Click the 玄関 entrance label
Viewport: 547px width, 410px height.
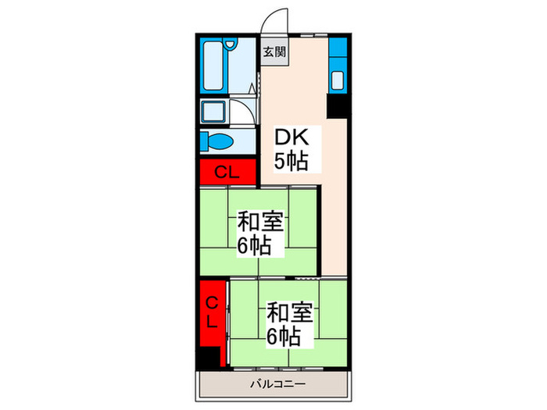(273, 52)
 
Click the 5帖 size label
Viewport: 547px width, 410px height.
(290, 162)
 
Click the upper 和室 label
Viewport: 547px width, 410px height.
(261, 222)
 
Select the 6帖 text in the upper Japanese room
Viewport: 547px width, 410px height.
(255, 247)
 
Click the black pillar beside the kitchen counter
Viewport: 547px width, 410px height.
(338, 107)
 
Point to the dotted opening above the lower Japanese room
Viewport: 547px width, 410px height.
(307, 278)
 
